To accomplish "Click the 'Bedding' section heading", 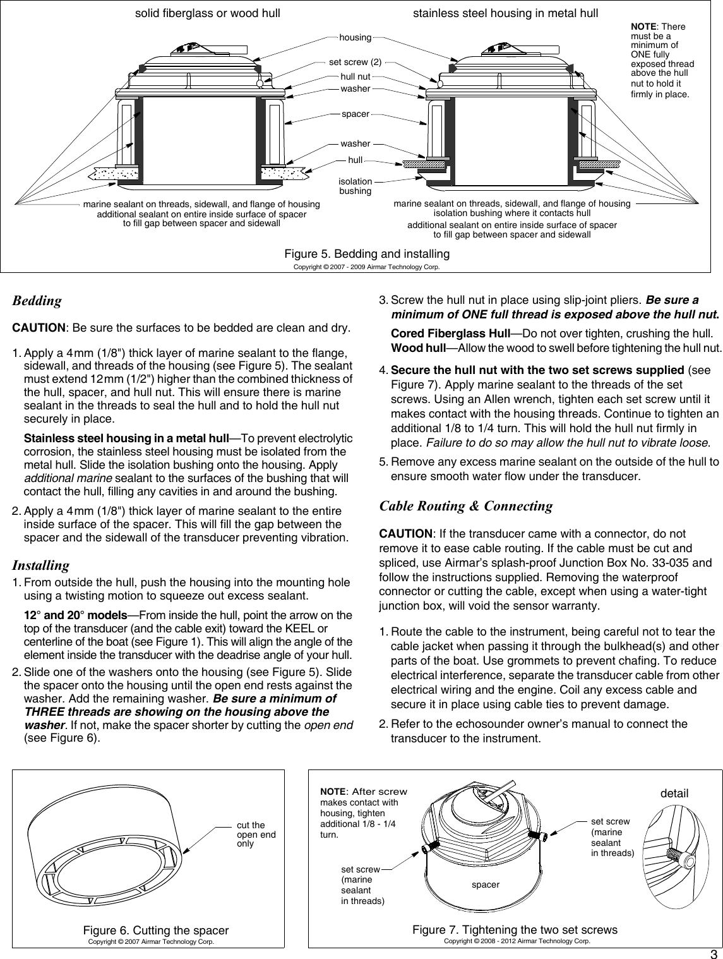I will [37, 301].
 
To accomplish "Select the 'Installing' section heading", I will [41, 564].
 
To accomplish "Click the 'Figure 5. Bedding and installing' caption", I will [367, 254].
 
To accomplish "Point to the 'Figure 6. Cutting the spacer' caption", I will [156, 931].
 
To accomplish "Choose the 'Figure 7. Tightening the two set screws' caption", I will [515, 930].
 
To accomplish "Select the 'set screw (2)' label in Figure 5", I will [356, 62].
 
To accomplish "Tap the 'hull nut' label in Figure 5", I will [356, 76].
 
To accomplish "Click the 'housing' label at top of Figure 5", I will [356, 38].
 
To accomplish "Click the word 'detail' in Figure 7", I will [673, 793].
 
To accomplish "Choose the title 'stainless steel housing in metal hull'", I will [505, 13].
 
